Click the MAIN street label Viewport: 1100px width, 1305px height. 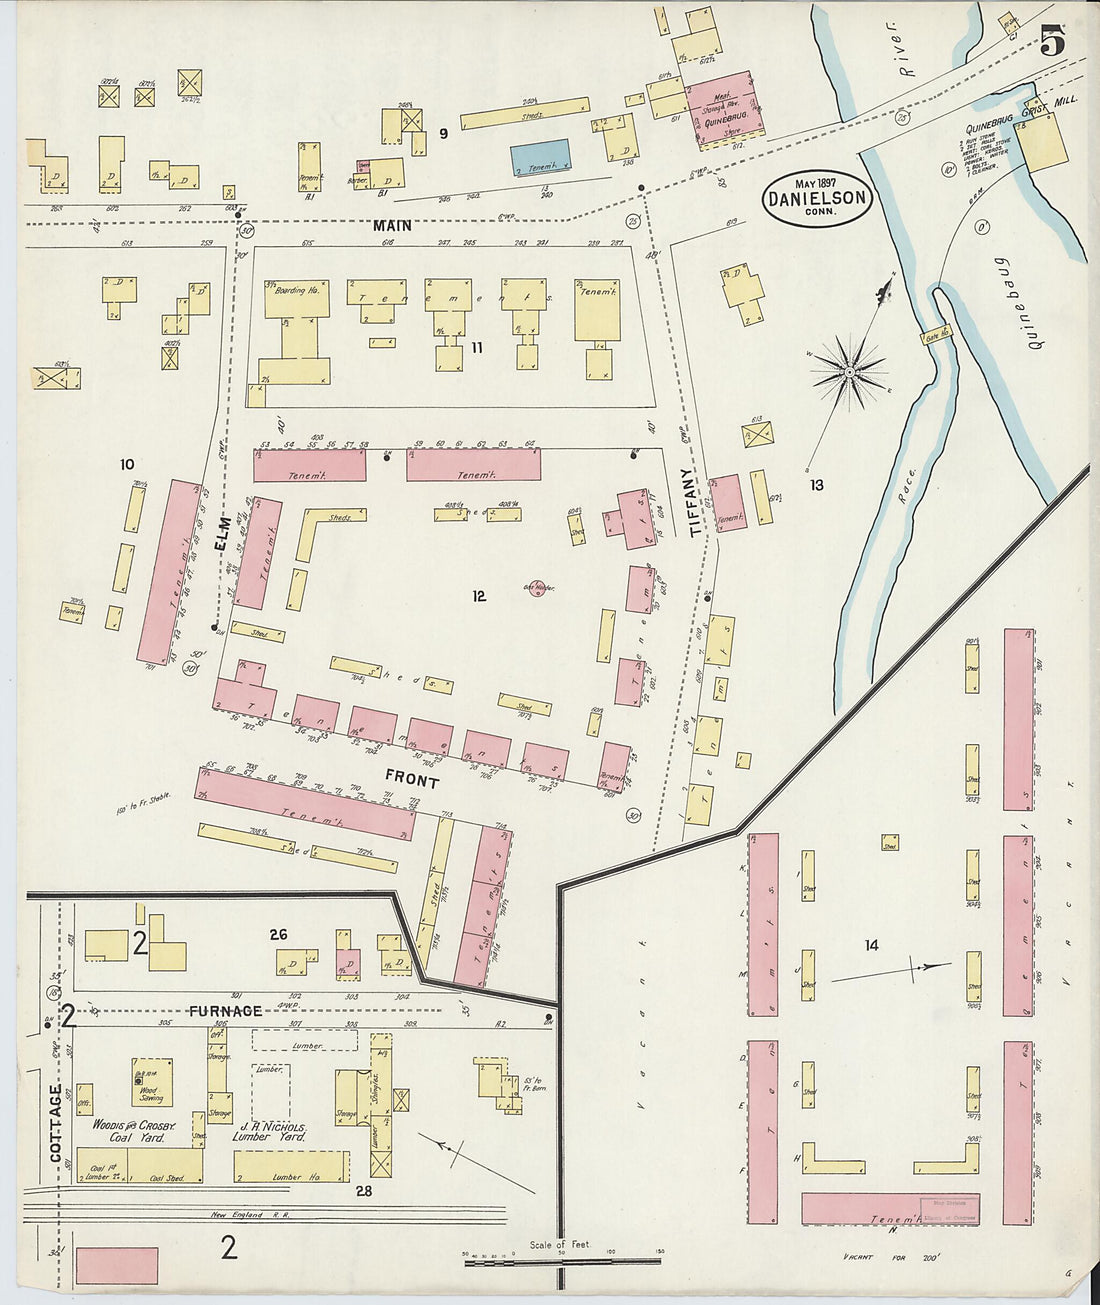tap(393, 226)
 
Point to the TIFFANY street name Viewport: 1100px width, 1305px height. tap(687, 502)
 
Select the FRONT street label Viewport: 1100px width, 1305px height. tap(411, 780)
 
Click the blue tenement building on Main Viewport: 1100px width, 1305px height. tap(542, 156)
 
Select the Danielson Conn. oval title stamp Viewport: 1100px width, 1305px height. tap(817, 197)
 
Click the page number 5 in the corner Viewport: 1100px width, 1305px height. tap(1051, 41)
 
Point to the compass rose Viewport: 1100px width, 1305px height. tap(849, 372)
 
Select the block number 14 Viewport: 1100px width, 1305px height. tap(872, 944)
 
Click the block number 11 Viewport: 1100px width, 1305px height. tap(477, 347)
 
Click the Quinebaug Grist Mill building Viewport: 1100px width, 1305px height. tap(1043, 140)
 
